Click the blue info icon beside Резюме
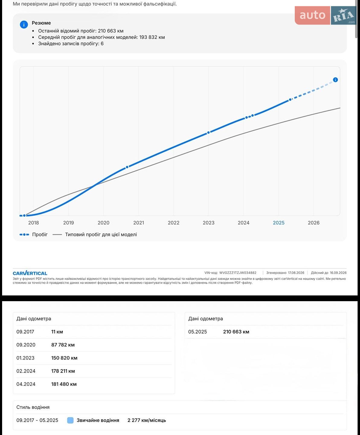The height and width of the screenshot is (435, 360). click(x=24, y=24)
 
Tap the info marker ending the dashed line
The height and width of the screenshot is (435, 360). click(x=335, y=79)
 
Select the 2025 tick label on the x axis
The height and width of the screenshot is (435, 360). click(x=278, y=223)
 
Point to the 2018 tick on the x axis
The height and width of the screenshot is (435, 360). click(x=34, y=223)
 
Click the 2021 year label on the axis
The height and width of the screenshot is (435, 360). click(x=139, y=223)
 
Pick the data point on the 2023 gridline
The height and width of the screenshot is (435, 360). click(x=208, y=133)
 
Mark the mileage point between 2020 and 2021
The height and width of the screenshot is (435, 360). click(x=127, y=167)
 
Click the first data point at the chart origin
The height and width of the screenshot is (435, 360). click(x=24, y=215)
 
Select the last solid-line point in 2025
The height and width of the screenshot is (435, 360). click(x=290, y=100)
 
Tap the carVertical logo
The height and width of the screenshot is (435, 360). click(x=30, y=273)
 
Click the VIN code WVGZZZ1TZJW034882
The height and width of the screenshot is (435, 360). click(x=238, y=273)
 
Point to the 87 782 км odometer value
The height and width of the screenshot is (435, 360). click(x=63, y=345)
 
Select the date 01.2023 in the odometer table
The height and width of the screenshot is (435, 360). click(x=25, y=358)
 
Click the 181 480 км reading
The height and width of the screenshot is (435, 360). click(x=64, y=384)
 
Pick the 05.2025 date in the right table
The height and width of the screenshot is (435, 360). click(x=198, y=332)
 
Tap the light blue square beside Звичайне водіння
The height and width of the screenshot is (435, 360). click(x=70, y=420)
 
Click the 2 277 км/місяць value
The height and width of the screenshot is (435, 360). click(x=147, y=420)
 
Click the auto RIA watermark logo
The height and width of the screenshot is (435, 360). click(x=326, y=15)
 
